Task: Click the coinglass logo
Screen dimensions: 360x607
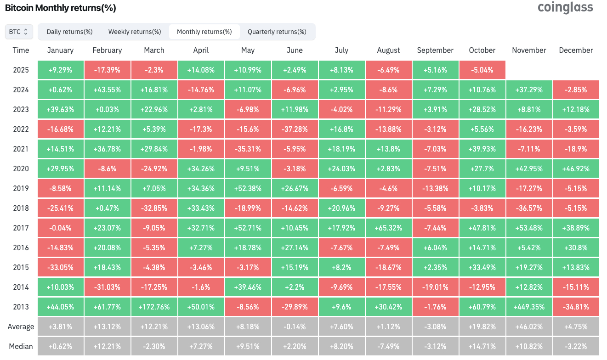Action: coord(565,8)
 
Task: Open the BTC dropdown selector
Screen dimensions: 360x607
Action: coord(19,32)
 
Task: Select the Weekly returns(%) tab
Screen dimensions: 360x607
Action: coord(135,32)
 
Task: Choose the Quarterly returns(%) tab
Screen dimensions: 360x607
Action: coord(277,32)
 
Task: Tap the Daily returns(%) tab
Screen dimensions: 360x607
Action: coord(70,32)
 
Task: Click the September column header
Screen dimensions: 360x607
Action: coord(435,51)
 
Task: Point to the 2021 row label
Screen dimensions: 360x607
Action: coord(21,149)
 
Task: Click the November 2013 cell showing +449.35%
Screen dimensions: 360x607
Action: coord(529,307)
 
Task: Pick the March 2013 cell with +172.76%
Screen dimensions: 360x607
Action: coord(154,307)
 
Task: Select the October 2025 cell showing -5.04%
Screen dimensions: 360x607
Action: coord(482,70)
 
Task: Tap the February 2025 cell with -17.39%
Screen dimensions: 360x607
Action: coord(107,70)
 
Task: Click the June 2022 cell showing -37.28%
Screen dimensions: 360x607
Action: coord(295,129)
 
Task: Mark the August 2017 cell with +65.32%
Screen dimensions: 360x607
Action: coord(388,228)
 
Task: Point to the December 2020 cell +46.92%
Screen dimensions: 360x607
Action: coord(576,169)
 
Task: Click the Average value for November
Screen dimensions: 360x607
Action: coord(529,327)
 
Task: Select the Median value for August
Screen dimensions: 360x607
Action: coord(388,346)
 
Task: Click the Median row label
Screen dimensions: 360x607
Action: coord(21,346)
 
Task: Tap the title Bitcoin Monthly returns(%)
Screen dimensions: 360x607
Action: coord(60,8)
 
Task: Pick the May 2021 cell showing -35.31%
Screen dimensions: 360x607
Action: coord(248,149)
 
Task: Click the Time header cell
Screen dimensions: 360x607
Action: coord(21,51)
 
